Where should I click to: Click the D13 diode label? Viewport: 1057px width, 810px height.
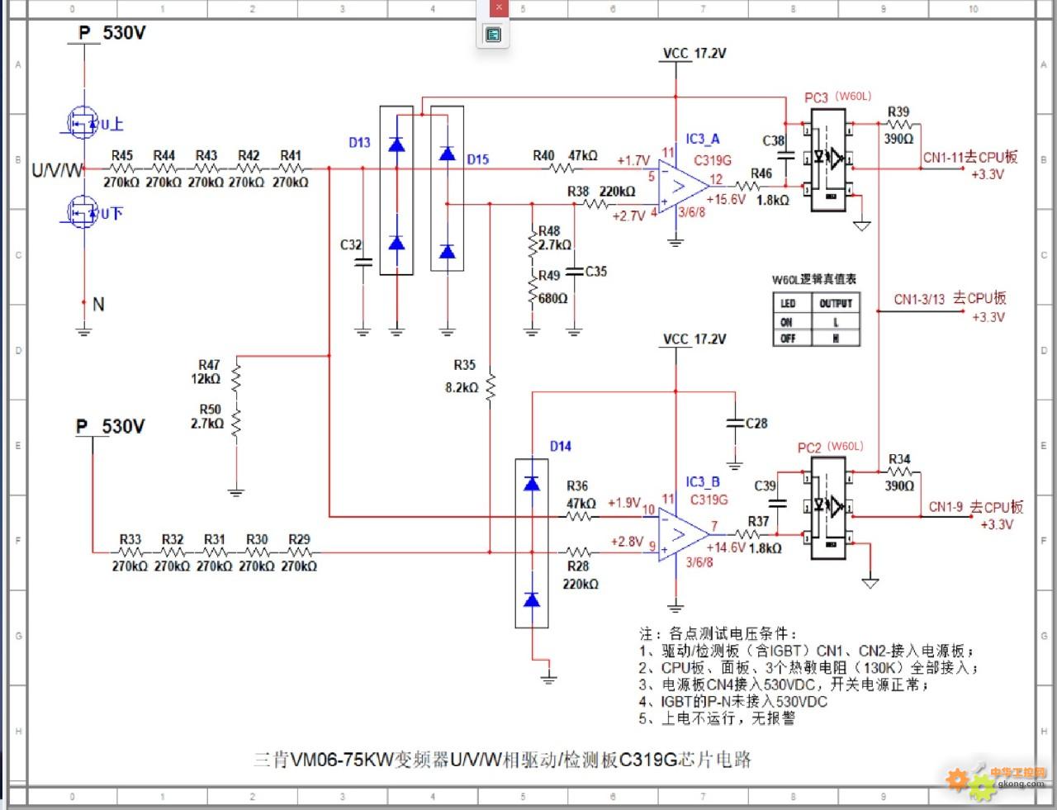359,142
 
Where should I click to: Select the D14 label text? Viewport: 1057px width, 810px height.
561,446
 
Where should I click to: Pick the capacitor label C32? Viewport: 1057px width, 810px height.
351,245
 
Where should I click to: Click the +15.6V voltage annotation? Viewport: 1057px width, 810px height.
726,199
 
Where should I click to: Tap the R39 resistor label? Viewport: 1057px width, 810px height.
898,112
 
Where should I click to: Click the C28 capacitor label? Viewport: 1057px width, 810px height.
756,423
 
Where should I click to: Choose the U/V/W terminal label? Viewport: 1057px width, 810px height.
58,170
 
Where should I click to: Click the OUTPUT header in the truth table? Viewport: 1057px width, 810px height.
835,303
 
